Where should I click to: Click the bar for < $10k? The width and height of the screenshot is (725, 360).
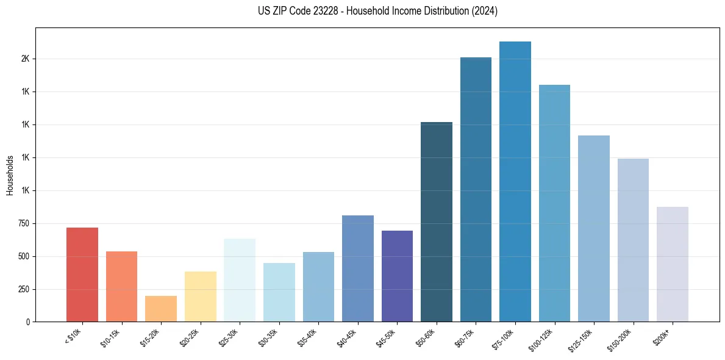tap(82, 275)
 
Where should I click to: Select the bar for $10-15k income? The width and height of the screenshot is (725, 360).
tap(121, 286)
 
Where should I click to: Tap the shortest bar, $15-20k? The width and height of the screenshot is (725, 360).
tap(161, 309)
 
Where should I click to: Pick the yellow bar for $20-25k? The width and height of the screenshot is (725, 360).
tap(200, 297)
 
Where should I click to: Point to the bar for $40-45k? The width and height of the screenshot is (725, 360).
tap(357, 268)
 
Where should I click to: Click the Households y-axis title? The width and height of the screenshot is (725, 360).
tap(10, 175)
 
